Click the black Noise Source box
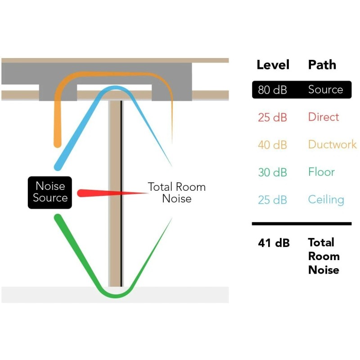(x=50, y=193)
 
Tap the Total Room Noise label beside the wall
(x=176, y=193)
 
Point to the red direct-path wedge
(x=112, y=193)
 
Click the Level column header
(x=273, y=65)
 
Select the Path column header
(x=322, y=65)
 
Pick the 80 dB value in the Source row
(x=272, y=90)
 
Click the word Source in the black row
(x=325, y=89)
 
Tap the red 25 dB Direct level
(x=272, y=117)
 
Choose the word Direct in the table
(x=324, y=117)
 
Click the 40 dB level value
(x=272, y=144)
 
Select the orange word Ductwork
(x=333, y=144)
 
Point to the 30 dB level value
(x=272, y=172)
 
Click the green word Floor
(x=321, y=172)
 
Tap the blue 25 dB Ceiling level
(x=272, y=200)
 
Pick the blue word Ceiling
(x=326, y=200)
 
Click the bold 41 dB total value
(x=274, y=243)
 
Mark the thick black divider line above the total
(x=301, y=224)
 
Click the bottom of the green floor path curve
(x=116, y=296)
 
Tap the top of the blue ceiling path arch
(x=115, y=88)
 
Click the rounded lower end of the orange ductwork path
(x=58, y=144)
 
